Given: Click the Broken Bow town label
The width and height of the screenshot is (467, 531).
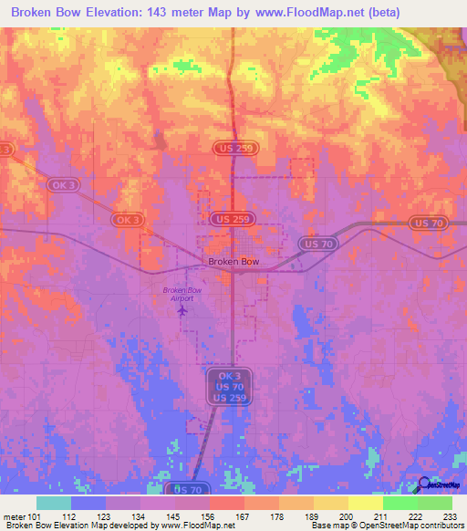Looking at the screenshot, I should tap(233, 261).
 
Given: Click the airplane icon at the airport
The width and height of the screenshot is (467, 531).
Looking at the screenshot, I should tap(182, 311).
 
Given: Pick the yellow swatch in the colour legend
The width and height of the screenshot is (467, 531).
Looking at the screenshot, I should tap(365, 503).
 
